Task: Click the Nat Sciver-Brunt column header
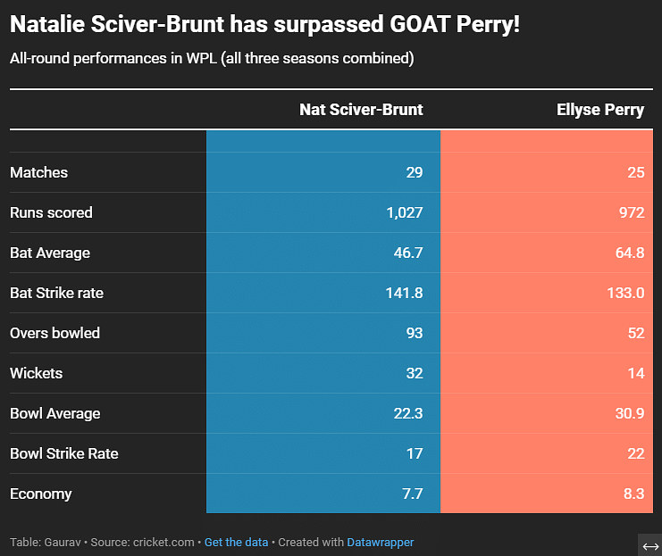click(361, 110)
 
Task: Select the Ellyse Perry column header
click(599, 110)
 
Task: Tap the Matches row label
click(38, 172)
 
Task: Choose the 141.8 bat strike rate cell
click(401, 293)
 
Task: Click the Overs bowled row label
click(54, 333)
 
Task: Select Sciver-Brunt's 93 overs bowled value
click(414, 333)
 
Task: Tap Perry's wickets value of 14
click(635, 373)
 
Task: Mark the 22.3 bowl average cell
click(407, 413)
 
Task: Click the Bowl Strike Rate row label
click(63, 453)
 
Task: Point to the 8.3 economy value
click(633, 494)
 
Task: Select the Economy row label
click(40, 494)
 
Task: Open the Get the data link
click(236, 542)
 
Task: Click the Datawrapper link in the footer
click(380, 542)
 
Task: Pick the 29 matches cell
click(414, 172)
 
